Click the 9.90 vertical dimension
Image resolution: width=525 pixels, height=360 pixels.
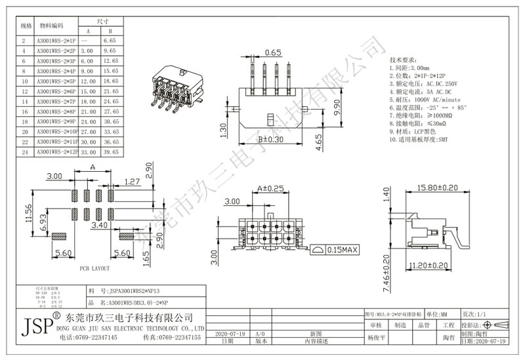point(337,104)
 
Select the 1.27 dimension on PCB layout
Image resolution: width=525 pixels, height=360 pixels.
point(132,182)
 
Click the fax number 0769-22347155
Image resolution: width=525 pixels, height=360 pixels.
point(172,337)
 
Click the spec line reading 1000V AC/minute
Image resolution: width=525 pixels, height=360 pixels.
point(425,98)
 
